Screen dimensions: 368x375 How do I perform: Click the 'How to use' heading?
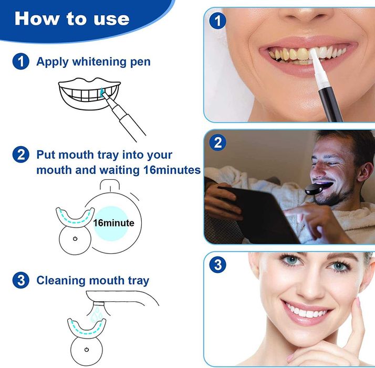[x=72, y=18]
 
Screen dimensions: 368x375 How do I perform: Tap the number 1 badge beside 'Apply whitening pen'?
[x=20, y=62]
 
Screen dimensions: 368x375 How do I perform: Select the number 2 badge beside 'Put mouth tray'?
[x=20, y=155]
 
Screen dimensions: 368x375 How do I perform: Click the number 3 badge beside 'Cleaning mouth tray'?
[x=20, y=280]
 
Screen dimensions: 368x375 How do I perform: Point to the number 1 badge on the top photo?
[x=217, y=22]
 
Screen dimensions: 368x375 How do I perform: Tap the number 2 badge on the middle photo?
[x=217, y=142]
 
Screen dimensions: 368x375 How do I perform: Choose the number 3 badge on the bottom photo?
[x=217, y=264]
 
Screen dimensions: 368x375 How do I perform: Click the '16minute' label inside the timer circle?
[x=113, y=223]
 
